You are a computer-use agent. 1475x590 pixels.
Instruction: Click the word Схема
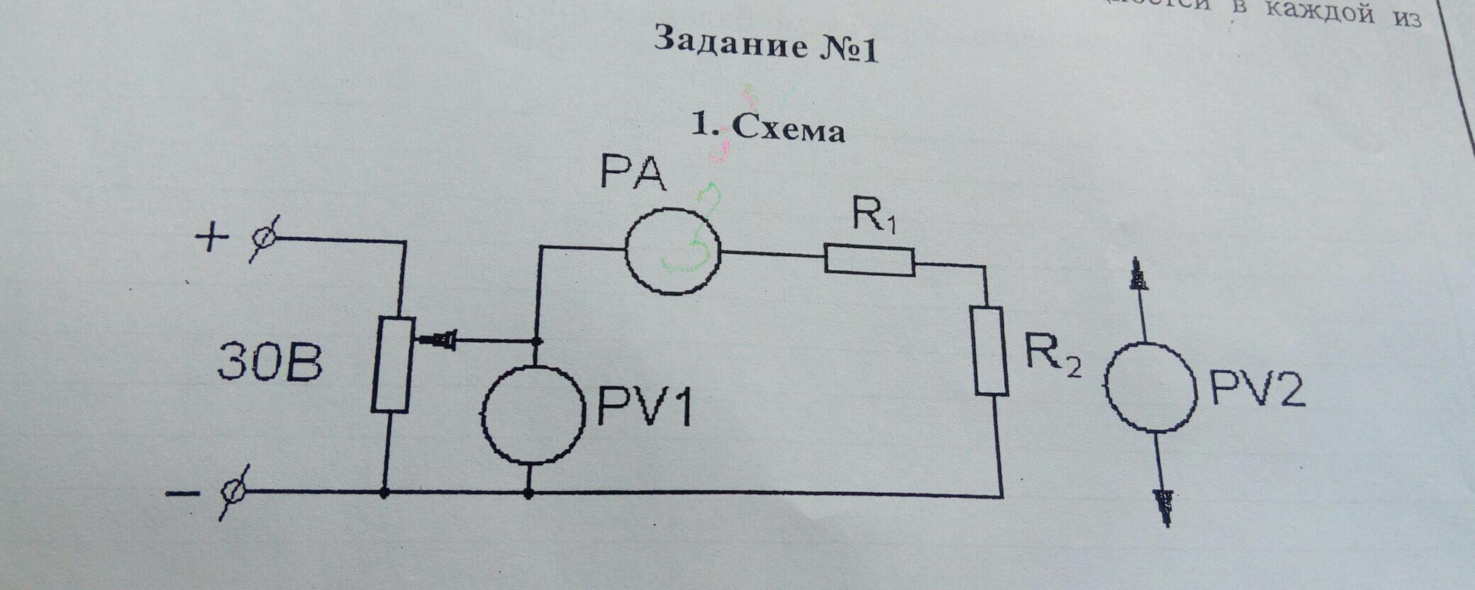pyautogui.click(x=788, y=130)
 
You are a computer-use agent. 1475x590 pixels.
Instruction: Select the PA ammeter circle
pyautogui.click(x=672, y=250)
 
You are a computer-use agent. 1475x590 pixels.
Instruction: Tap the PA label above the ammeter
pyautogui.click(x=633, y=174)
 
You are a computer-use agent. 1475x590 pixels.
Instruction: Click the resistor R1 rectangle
pyautogui.click(x=869, y=260)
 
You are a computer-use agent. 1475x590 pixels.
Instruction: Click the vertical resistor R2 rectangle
pyautogui.click(x=991, y=350)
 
